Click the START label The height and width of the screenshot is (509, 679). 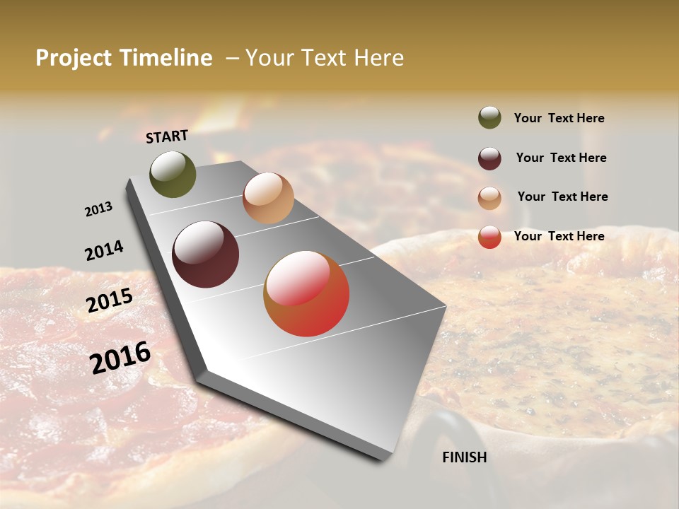(167, 136)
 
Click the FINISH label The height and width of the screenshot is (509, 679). (465, 457)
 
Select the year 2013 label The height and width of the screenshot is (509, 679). (98, 209)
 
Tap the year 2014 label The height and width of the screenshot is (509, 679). (104, 250)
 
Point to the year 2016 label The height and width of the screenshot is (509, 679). (120, 357)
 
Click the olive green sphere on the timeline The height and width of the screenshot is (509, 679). (173, 174)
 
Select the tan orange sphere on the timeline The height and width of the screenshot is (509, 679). (268, 198)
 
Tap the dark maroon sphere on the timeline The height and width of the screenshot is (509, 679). (205, 255)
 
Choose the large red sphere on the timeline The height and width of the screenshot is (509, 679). (306, 293)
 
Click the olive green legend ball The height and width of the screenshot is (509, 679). (489, 117)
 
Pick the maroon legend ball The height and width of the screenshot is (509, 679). (489, 158)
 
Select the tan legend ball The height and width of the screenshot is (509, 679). (489, 198)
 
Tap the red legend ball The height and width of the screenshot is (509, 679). (489, 237)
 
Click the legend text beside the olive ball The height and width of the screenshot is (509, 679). (559, 118)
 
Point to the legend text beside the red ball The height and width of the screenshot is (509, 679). (559, 236)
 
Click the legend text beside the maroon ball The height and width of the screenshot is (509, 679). (561, 158)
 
